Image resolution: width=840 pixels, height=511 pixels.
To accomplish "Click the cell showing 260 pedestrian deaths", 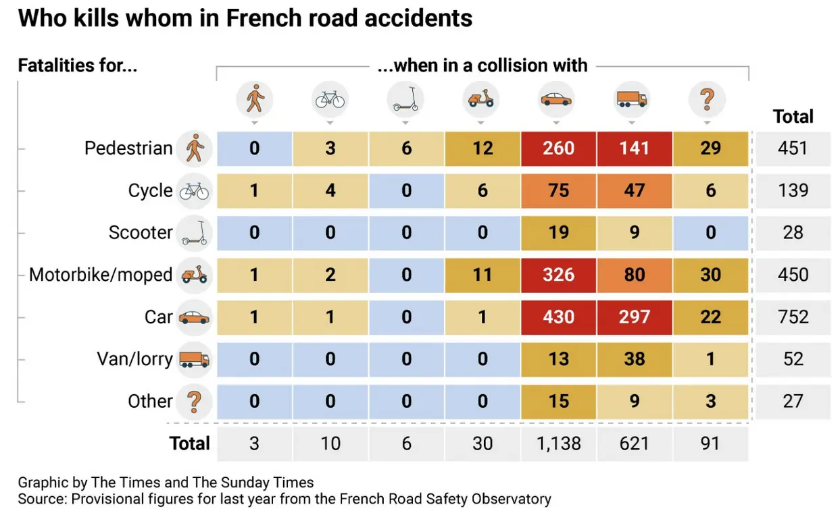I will click(x=558, y=148).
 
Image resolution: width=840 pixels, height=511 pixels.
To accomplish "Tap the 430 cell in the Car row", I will click(x=558, y=317).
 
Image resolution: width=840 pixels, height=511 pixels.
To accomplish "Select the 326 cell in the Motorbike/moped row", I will click(x=558, y=275).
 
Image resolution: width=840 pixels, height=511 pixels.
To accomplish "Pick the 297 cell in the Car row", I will click(x=634, y=317).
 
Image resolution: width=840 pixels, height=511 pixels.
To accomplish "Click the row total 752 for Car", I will click(x=793, y=317).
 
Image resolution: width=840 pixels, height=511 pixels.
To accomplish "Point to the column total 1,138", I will click(x=558, y=443).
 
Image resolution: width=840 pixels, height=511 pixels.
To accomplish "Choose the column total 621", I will click(x=634, y=443).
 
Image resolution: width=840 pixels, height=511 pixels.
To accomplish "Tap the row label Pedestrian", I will click(x=128, y=149).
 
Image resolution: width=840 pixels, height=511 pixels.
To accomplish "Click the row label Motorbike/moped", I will click(x=101, y=275).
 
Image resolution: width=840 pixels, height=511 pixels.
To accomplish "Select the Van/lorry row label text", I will click(x=134, y=359).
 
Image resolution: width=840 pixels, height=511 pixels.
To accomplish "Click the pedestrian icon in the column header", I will click(x=255, y=101).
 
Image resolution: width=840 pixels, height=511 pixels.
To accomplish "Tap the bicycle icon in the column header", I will click(x=330, y=101).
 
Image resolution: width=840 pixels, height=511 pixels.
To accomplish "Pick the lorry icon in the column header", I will click(x=631, y=100).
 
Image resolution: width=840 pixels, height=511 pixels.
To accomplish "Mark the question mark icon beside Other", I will click(x=194, y=402).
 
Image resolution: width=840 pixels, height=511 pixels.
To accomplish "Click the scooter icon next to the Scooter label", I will click(x=195, y=233).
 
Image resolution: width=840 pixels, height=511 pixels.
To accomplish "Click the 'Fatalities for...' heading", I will click(x=78, y=65).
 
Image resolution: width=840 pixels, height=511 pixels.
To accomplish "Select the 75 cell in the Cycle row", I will click(x=558, y=190).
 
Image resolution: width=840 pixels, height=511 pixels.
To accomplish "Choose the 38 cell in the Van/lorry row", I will click(x=634, y=359).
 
